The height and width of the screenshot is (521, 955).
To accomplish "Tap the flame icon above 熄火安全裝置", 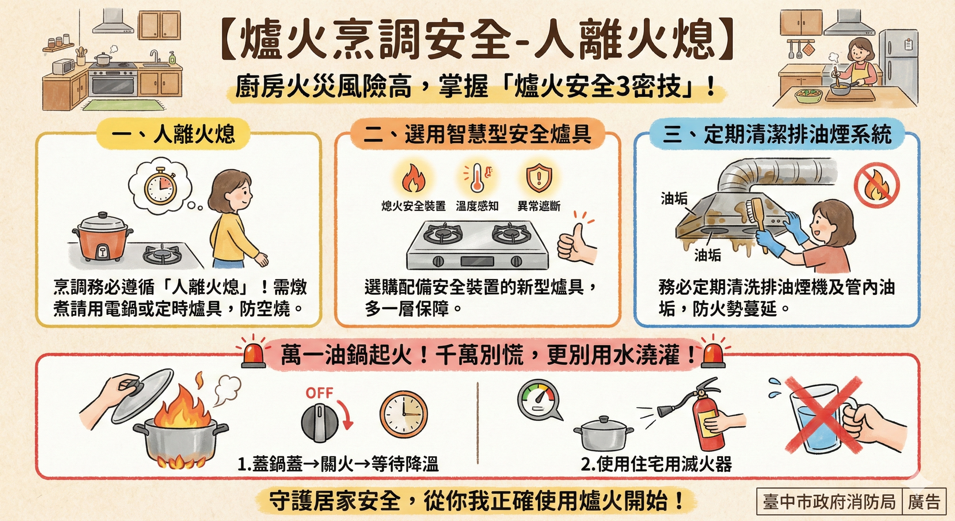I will pos(413,178).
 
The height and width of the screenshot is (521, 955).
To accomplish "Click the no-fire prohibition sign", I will pos(877,186).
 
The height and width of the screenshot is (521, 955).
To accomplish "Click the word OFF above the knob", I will pos(319,393).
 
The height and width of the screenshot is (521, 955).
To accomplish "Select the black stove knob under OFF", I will pos(319,423).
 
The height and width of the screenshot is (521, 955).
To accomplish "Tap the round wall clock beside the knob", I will pos(403,414).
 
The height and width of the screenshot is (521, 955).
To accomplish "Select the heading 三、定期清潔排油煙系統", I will pos(777,134).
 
